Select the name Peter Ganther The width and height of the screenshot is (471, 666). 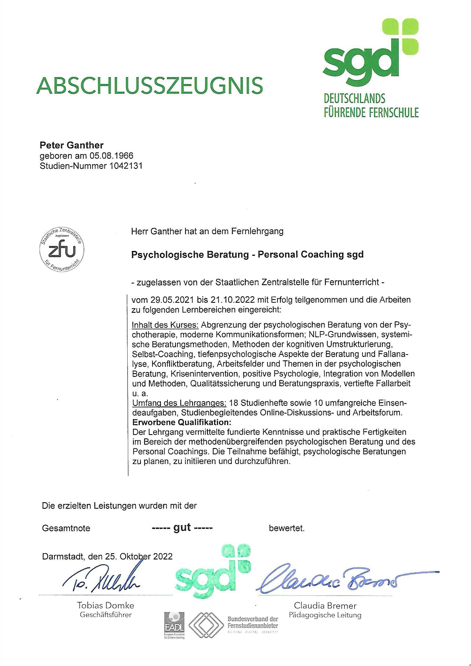pyautogui.click(x=71, y=145)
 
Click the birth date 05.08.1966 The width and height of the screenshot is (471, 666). pyautogui.click(x=111, y=156)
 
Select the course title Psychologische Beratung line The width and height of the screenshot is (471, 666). pyautogui.click(x=247, y=254)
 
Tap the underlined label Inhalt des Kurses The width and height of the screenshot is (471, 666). pyautogui.click(x=165, y=324)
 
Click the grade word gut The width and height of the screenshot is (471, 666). pyautogui.click(x=182, y=528)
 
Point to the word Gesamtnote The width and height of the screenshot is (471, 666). pyautogui.click(x=66, y=528)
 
